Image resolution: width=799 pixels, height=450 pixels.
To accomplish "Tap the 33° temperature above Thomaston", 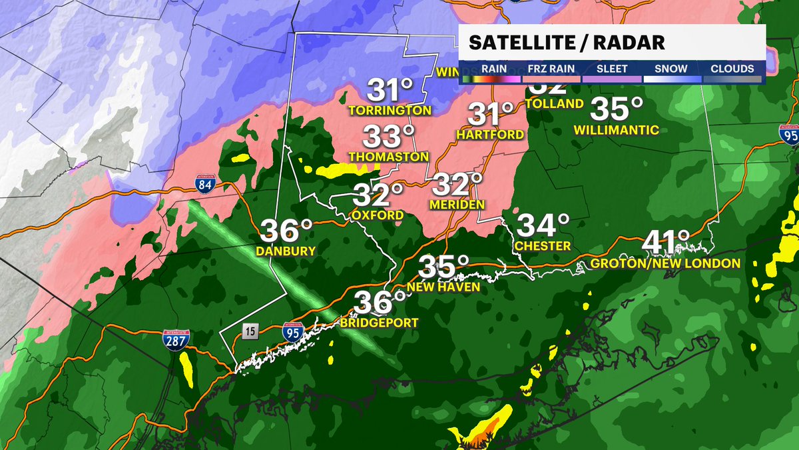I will (389, 137).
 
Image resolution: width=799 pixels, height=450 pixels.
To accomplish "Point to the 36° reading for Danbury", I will (286, 231).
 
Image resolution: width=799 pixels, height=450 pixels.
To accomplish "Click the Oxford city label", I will (378, 215).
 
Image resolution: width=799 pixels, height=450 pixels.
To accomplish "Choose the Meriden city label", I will (457, 205).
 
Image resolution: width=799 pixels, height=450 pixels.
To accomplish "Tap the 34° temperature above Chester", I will (543, 225).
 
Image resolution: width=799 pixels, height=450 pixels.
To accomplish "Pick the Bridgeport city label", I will (379, 323).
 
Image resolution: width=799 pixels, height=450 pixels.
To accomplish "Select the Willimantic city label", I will (617, 130).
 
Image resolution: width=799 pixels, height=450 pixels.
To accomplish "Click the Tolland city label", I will (554, 104).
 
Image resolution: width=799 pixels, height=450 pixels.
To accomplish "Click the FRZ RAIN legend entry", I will (551, 69).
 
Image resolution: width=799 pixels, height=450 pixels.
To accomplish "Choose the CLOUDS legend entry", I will (732, 69).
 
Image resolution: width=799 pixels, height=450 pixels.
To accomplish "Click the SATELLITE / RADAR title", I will (567, 43).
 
